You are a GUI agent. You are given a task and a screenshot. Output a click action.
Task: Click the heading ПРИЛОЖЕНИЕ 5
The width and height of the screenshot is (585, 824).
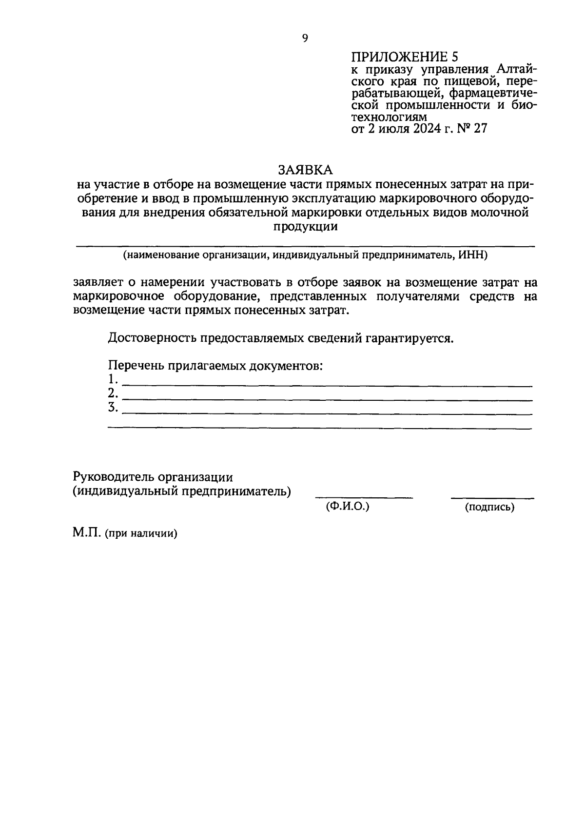tap(405, 57)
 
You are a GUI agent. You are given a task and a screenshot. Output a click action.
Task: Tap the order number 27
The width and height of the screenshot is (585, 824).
tap(480, 129)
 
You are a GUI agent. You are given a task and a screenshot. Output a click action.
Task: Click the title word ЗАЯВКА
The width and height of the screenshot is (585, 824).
tap(305, 170)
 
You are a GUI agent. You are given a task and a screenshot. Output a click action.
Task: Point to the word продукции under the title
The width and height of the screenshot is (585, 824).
tap(305, 227)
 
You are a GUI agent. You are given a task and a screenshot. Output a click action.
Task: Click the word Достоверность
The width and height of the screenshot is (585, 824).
tap(153, 338)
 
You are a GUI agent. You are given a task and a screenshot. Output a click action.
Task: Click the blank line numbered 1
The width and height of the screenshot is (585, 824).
tap(327, 386)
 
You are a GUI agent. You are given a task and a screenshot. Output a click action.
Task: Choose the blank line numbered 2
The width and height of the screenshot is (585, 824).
tap(327, 400)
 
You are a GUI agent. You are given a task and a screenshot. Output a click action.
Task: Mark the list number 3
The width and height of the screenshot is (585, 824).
tap(113, 407)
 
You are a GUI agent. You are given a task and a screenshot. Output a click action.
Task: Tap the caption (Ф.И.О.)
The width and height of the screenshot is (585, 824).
tap(347, 507)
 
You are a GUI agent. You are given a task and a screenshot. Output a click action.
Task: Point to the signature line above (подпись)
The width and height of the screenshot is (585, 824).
tap(492, 498)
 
